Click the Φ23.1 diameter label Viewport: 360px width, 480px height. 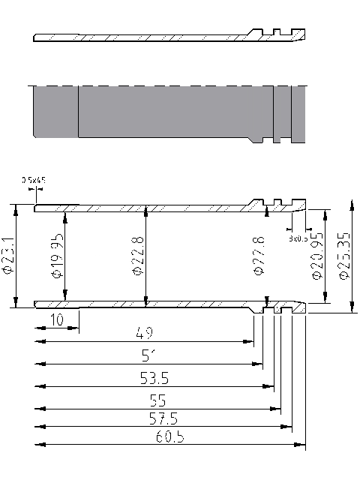8,256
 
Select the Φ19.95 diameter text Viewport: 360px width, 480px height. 58,256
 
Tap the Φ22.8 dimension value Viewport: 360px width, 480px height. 139,256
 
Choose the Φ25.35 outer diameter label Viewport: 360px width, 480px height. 343,256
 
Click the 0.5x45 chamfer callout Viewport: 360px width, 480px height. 34,180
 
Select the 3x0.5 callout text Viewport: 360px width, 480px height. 298,238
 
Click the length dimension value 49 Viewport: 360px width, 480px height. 146,332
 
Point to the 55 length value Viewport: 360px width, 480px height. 158,400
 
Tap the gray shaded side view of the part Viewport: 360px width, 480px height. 165,112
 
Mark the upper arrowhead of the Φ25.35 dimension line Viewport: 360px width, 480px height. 352,202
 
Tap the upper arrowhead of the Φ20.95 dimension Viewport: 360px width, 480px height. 324,212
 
